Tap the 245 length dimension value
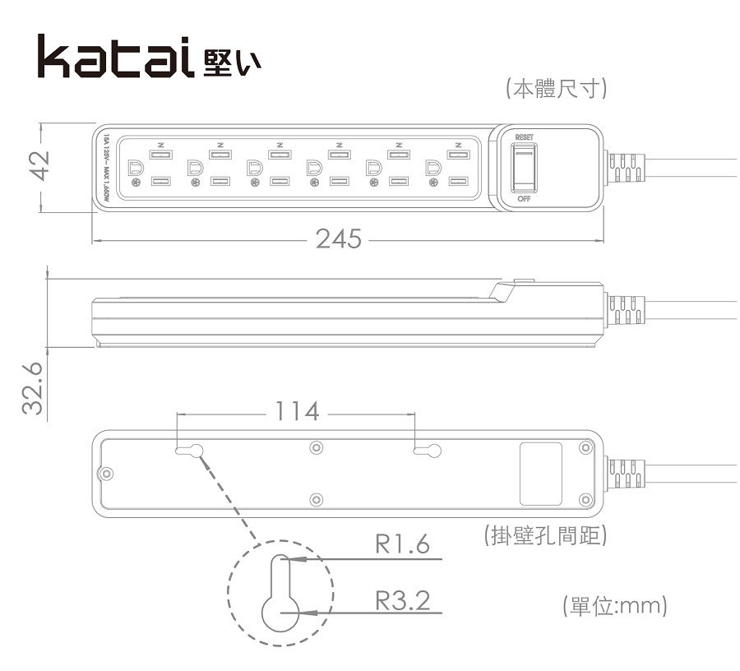click(338, 238)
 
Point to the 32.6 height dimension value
click(32, 390)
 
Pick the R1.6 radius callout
click(402, 544)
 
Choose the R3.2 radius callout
click(402, 599)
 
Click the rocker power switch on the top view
click(524, 167)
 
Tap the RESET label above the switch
click(524, 137)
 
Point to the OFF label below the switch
click(524, 199)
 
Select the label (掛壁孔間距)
click(546, 536)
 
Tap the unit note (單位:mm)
click(613, 606)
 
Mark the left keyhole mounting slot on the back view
click(191, 450)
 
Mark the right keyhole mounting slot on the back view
click(428, 450)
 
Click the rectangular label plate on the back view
click(541, 473)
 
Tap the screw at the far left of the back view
click(106, 474)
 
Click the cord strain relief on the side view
click(626, 312)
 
